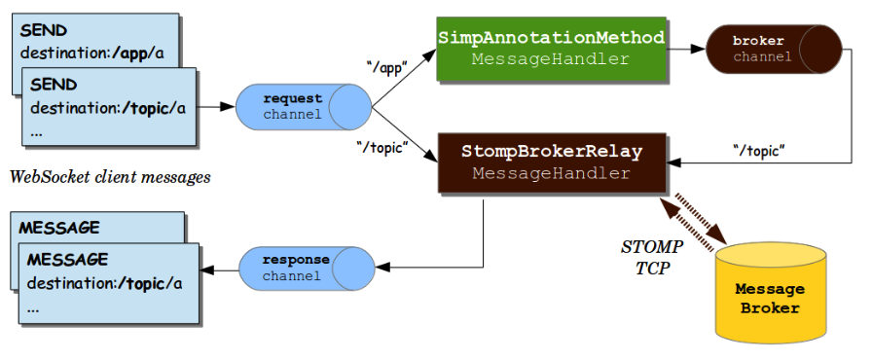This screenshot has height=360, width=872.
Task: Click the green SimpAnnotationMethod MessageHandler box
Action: pos(551,48)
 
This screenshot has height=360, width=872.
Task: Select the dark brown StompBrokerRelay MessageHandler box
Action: pos(551,162)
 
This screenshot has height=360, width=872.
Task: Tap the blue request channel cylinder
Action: pos(303,106)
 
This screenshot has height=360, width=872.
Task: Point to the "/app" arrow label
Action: pos(387,67)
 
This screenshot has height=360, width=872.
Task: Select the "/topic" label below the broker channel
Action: pos(758,149)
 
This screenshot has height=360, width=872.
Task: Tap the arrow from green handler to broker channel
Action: pos(685,48)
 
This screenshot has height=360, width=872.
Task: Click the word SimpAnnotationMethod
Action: pos(551,38)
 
